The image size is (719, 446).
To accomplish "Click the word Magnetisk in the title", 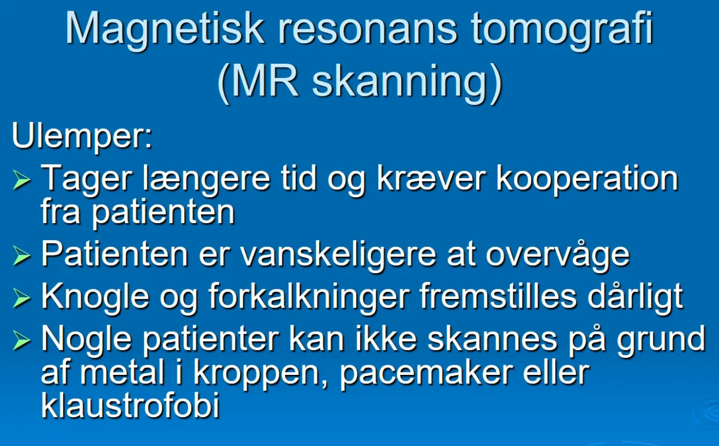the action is click(165, 30).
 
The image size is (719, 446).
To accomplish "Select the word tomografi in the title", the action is click(562, 30).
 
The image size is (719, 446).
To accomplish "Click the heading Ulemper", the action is click(82, 136).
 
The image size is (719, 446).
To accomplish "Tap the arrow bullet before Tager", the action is click(22, 181).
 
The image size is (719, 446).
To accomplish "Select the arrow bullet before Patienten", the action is click(22, 256).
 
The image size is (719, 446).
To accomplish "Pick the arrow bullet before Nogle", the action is click(22, 341).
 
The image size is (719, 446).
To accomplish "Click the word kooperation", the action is click(587, 180).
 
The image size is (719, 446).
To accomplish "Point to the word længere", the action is click(206, 180).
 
